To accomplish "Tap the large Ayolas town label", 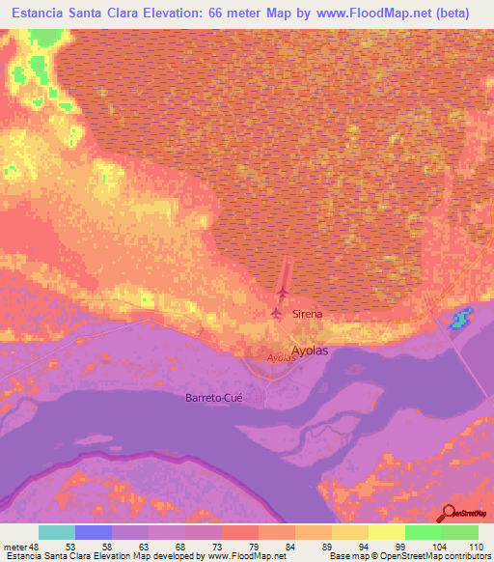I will pos(310,351).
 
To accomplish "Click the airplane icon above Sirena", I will pos(283,292).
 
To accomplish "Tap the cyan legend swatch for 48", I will pos(57,532).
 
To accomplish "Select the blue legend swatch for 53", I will pos(94,532).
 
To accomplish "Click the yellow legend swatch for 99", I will pos(387,532).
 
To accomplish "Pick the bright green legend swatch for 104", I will pos(424,532).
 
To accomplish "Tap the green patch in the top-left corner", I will pos(36,69).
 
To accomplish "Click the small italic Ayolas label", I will pos(280,357).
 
